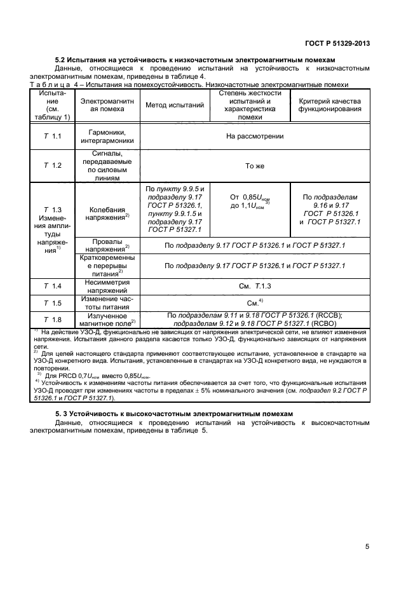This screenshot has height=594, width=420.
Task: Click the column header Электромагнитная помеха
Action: [106, 105]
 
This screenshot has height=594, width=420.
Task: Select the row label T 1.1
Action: [52, 137]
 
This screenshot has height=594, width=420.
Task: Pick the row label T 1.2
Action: [52, 165]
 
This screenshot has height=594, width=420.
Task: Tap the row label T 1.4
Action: [52, 286]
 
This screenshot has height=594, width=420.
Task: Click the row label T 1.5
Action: [52, 303]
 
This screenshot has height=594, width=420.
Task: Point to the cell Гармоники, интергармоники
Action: [106, 137]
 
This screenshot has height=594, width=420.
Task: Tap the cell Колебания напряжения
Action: [106, 213]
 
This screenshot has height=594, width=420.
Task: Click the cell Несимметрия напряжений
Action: [106, 286]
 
